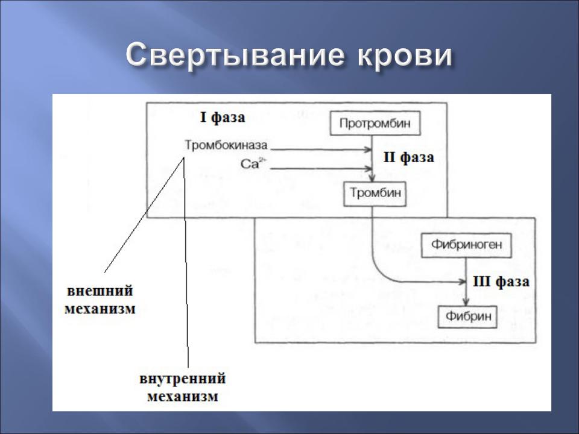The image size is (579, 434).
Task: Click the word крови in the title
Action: pyautogui.click(x=404, y=56)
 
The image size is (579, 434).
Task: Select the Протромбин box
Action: pyautogui.click(x=375, y=123)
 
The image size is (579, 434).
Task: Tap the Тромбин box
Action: pyautogui.click(x=375, y=193)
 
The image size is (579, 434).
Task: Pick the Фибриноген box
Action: pyautogui.click(x=466, y=245)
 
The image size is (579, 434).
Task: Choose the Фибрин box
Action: pyautogui.click(x=467, y=316)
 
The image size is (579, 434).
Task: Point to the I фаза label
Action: pyautogui.click(x=223, y=118)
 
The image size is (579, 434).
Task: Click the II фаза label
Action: pyautogui.click(x=409, y=157)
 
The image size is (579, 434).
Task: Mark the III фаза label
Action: pyautogui.click(x=501, y=282)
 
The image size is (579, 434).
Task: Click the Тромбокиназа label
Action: pyautogui.click(x=226, y=145)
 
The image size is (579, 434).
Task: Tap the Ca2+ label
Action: pyautogui.click(x=253, y=163)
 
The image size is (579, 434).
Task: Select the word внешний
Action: pyautogui.click(x=100, y=291)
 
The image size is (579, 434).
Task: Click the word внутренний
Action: pyautogui.click(x=182, y=379)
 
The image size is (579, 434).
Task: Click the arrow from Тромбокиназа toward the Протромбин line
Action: pyautogui.click(x=321, y=149)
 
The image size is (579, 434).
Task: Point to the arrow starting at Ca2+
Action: pyautogui.click(x=321, y=169)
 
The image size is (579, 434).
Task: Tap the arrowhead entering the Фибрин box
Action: pyautogui.click(x=466, y=301)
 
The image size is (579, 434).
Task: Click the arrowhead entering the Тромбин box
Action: pyautogui.click(x=372, y=178)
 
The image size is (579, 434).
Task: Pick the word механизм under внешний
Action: pyautogui.click(x=100, y=309)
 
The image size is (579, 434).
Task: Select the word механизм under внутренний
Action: pyautogui.click(x=183, y=397)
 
